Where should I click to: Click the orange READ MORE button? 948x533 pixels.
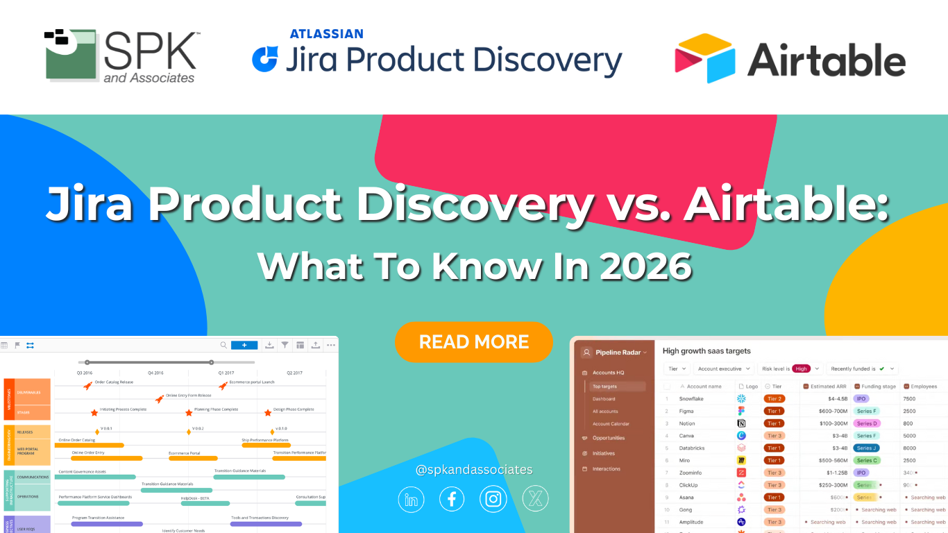(x=474, y=341)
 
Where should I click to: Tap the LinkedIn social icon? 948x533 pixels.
(x=411, y=499)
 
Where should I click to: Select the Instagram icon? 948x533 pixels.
(x=493, y=499)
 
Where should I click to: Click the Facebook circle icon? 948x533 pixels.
(x=452, y=499)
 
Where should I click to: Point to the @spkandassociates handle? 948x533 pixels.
(x=474, y=470)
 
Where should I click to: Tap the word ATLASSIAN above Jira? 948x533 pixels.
(x=326, y=34)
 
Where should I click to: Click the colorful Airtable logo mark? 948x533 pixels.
(x=704, y=58)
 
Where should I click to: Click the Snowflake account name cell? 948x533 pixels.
(x=692, y=399)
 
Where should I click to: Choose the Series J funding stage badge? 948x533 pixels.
(x=867, y=448)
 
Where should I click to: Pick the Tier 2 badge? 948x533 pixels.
(x=774, y=399)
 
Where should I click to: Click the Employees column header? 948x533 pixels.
(x=924, y=387)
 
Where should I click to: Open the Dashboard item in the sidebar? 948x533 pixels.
(x=604, y=399)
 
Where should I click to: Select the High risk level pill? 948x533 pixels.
(x=801, y=369)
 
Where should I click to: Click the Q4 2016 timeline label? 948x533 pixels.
(x=156, y=373)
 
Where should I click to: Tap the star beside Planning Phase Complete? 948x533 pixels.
(x=189, y=412)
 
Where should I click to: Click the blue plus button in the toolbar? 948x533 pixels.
(x=244, y=345)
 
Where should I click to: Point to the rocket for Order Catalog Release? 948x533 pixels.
(x=88, y=385)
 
